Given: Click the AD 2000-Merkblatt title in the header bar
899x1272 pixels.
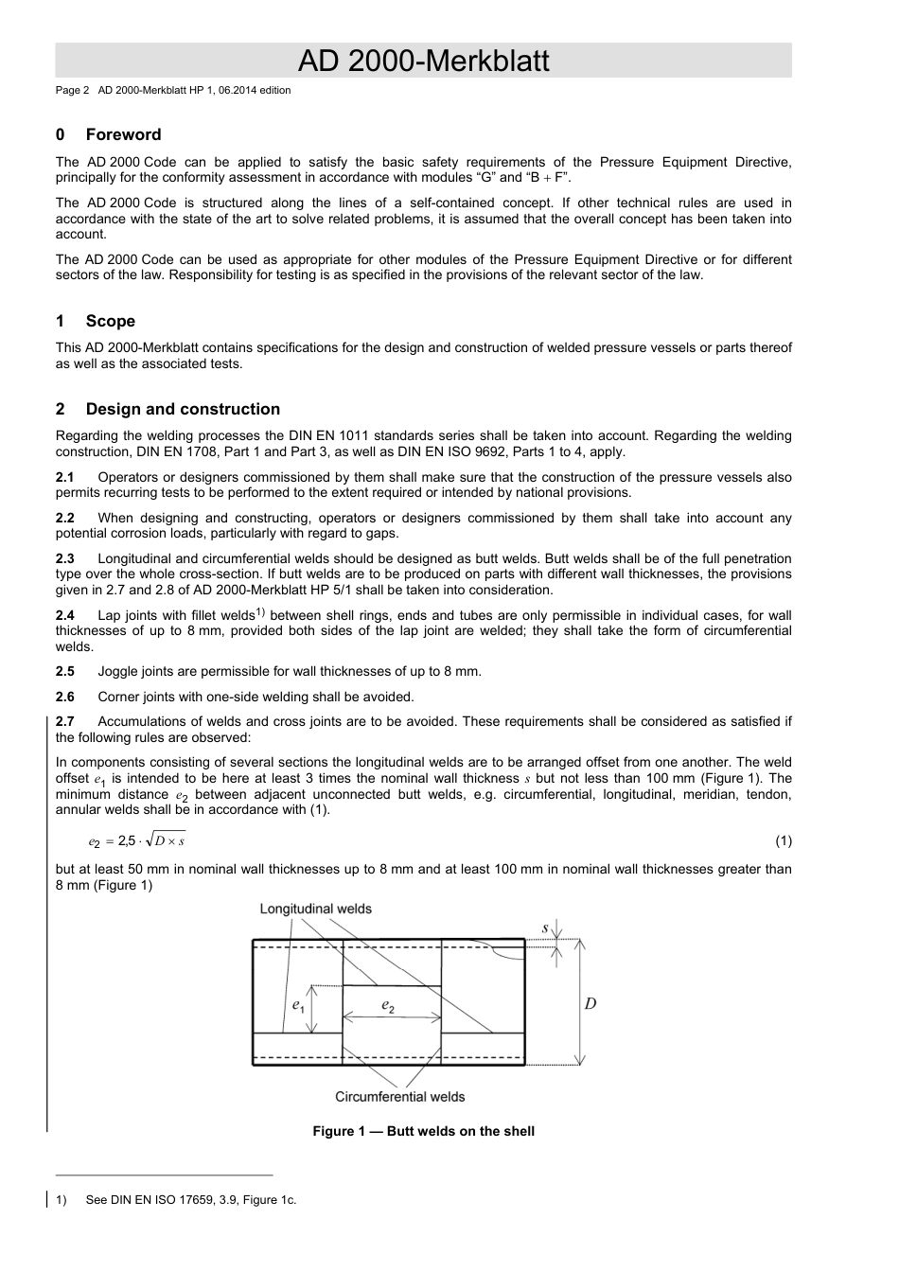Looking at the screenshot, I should [x=423, y=62].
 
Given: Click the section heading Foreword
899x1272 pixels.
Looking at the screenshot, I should [x=123, y=134].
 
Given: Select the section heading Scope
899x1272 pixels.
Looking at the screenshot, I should [x=110, y=321].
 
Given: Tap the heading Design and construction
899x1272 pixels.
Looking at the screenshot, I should [x=183, y=409].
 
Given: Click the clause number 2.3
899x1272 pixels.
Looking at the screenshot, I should [x=64, y=558].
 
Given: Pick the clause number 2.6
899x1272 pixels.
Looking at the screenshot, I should [x=64, y=697].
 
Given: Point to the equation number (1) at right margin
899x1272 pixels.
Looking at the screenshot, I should [x=784, y=840].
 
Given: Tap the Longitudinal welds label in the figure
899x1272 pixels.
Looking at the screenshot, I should [x=315, y=909].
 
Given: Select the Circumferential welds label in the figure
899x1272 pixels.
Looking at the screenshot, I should [x=399, y=1096].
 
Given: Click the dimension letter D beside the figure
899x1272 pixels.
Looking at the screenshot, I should [x=591, y=1003].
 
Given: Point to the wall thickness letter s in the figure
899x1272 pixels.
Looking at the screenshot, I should [x=545, y=927].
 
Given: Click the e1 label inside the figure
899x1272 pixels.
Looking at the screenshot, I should [x=298, y=1005].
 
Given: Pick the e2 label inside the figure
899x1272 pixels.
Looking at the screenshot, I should [x=388, y=1005].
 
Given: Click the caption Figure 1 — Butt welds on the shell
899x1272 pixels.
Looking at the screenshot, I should [x=423, y=1131].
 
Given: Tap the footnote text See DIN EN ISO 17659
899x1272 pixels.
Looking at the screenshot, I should [x=190, y=1200].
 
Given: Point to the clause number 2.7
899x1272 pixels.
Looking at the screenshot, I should [x=64, y=721].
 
